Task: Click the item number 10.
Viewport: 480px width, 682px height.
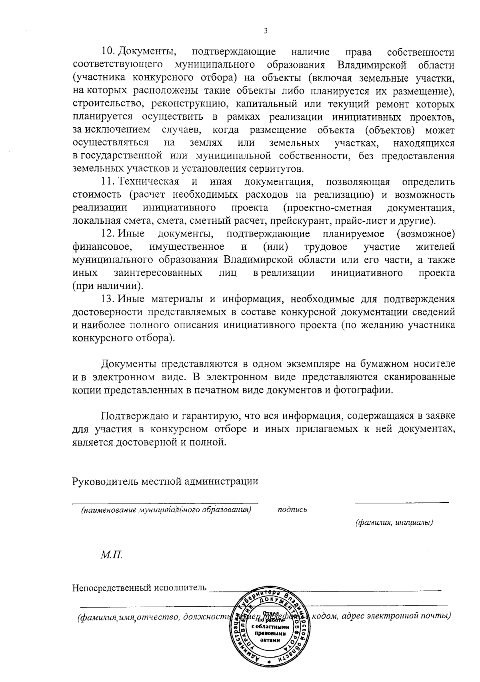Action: click(108, 52)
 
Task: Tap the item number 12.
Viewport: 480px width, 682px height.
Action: click(108, 234)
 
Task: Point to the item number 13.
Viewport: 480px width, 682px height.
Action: click(108, 299)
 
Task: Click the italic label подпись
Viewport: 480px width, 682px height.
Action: click(292, 510)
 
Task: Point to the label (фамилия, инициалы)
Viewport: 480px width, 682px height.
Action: click(394, 522)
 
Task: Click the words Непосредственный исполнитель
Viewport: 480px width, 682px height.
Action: click(140, 588)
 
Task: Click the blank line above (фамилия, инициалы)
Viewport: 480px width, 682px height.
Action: click(402, 501)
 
